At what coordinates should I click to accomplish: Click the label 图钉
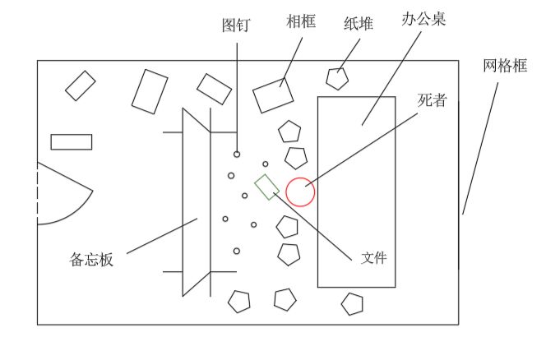point(236,25)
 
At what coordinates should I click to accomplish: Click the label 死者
point(433,100)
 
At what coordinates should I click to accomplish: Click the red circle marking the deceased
point(300,191)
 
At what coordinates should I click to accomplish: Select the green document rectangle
point(267,187)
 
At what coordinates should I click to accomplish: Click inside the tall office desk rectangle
point(357,214)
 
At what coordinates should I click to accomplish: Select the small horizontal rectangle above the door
point(71,141)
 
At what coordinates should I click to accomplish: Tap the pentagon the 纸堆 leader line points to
point(337,78)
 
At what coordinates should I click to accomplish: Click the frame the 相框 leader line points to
point(273,95)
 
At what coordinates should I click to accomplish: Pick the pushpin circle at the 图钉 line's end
point(237,154)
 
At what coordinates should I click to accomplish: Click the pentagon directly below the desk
point(353,304)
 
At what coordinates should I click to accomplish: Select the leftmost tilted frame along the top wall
point(80,85)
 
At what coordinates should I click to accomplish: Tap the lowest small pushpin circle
point(237,251)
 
